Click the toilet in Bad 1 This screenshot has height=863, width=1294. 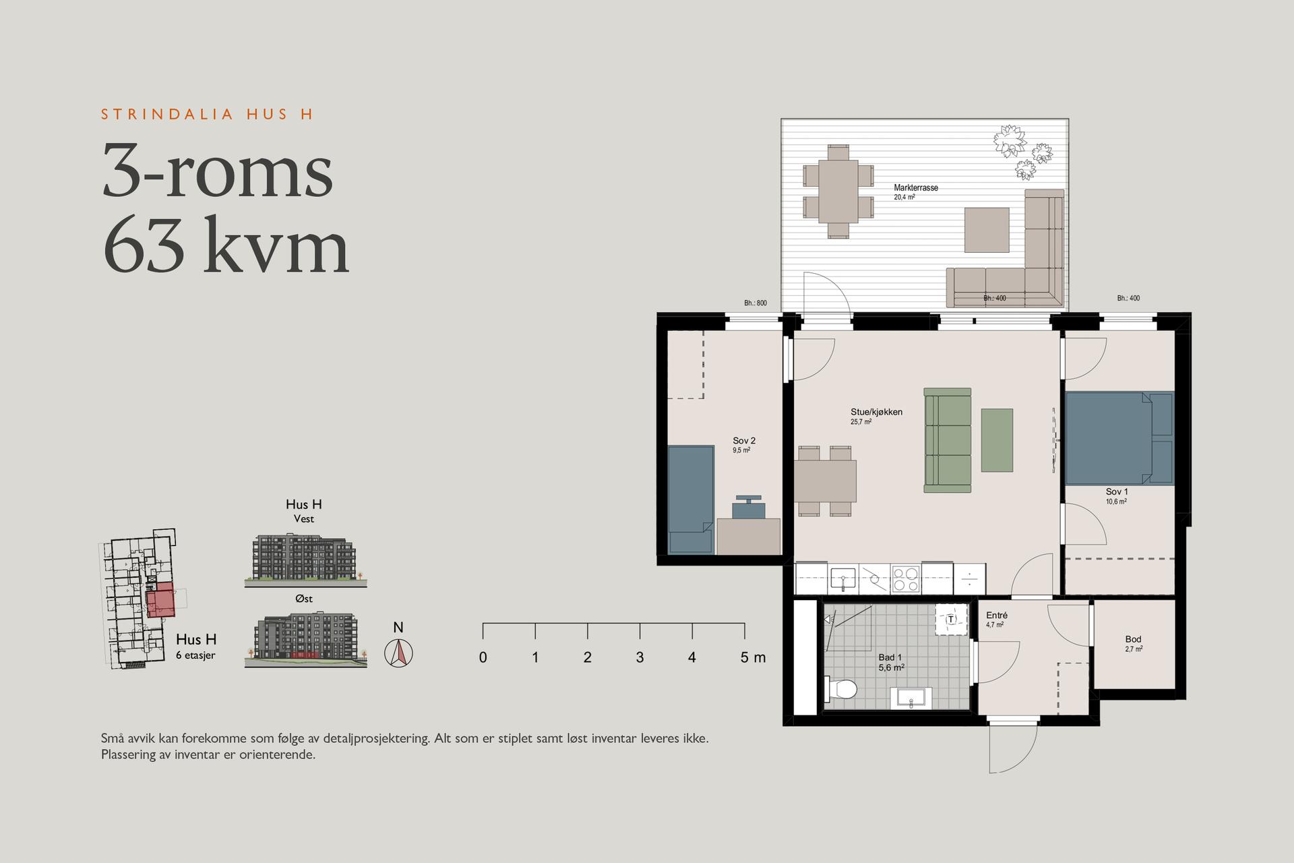840,690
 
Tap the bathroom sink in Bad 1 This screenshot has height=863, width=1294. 911,698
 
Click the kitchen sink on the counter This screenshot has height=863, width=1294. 843,579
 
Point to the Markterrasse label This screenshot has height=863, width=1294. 916,188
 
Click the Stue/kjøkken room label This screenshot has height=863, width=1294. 876,412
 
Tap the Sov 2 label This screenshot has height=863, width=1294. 744,441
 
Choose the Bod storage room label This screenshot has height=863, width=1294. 1133,639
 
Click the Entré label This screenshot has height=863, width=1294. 997,616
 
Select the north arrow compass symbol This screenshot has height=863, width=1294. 398,653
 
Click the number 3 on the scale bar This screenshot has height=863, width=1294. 640,657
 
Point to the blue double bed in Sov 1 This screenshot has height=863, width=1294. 1119,438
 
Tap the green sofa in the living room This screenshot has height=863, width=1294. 948,440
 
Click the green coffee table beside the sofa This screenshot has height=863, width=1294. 997,440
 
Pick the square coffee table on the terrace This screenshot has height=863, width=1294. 987,230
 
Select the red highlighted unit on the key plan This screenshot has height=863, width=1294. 160,601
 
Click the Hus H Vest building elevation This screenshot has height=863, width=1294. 304,559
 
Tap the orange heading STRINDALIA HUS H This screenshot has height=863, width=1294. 207,114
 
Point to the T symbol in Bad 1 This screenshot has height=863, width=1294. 951,619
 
